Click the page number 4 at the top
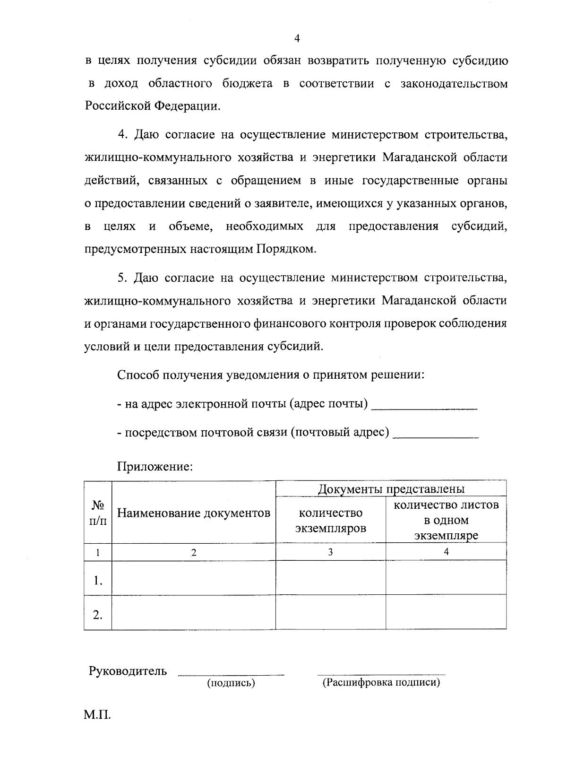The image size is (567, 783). click(x=297, y=39)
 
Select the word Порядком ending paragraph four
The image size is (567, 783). click(x=286, y=249)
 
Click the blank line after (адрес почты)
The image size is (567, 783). click(x=424, y=406)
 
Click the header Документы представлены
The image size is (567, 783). click(x=391, y=488)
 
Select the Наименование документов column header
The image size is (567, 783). click(x=194, y=513)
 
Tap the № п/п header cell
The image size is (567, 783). click(x=98, y=513)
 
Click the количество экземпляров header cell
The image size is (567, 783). click(x=331, y=520)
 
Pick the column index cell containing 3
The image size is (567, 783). click(x=331, y=552)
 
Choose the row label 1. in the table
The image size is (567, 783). click(x=98, y=580)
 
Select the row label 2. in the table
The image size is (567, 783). click(x=98, y=614)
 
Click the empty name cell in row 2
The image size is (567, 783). click(x=194, y=613)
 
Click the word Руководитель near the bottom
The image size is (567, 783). click(x=128, y=670)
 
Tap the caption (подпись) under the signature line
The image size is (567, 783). click(x=231, y=683)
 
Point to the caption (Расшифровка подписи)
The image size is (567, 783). click(x=381, y=683)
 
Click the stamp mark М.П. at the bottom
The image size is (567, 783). click(x=97, y=715)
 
